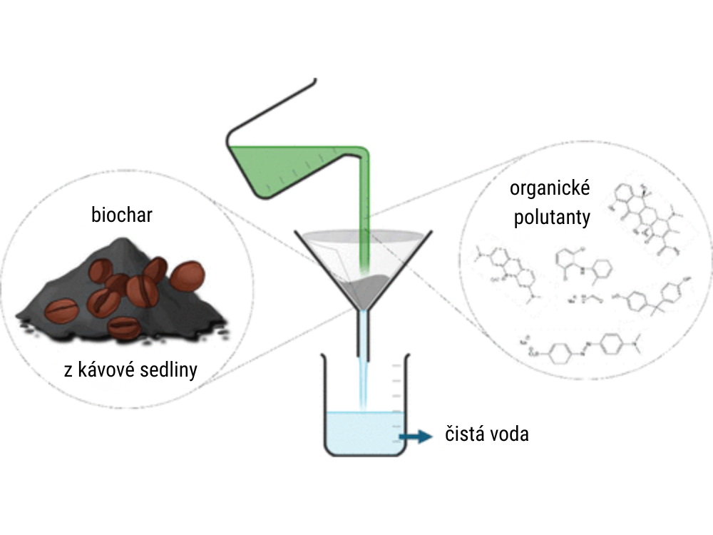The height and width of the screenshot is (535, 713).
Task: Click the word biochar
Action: point(122,215)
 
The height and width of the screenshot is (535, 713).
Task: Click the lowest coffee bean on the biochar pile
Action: point(123,327)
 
